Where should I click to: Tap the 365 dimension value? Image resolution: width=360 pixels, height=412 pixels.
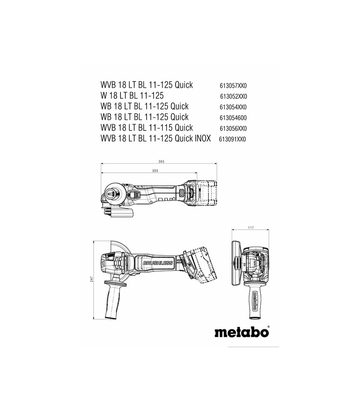pyautogui.click(x=161, y=162)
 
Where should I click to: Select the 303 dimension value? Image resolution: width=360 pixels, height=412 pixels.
pyautogui.click(x=155, y=171)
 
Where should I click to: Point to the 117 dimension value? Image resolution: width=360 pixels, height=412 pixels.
pyautogui.click(x=251, y=228)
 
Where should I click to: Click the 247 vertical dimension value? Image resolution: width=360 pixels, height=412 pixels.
pyautogui.click(x=92, y=279)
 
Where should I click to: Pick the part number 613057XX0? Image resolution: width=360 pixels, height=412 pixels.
pyautogui.click(x=233, y=86)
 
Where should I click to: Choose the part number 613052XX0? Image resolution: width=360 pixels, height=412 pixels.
pyautogui.click(x=233, y=97)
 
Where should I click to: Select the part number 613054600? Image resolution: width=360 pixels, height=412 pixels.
pyautogui.click(x=233, y=118)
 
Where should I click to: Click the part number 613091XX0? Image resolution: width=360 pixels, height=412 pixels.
pyautogui.click(x=232, y=139)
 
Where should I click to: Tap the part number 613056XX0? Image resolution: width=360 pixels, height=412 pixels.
pyautogui.click(x=233, y=129)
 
